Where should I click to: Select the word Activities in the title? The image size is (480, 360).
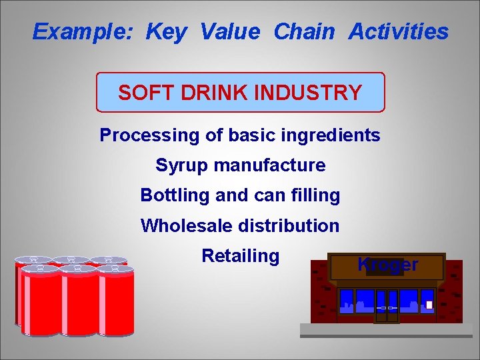[399, 31]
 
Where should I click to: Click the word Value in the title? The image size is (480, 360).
[231, 31]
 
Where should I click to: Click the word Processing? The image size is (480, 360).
[149, 136]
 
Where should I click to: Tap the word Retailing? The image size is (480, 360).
[240, 256]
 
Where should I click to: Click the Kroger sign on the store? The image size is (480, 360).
[387, 265]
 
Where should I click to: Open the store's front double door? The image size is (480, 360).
[387, 305]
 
